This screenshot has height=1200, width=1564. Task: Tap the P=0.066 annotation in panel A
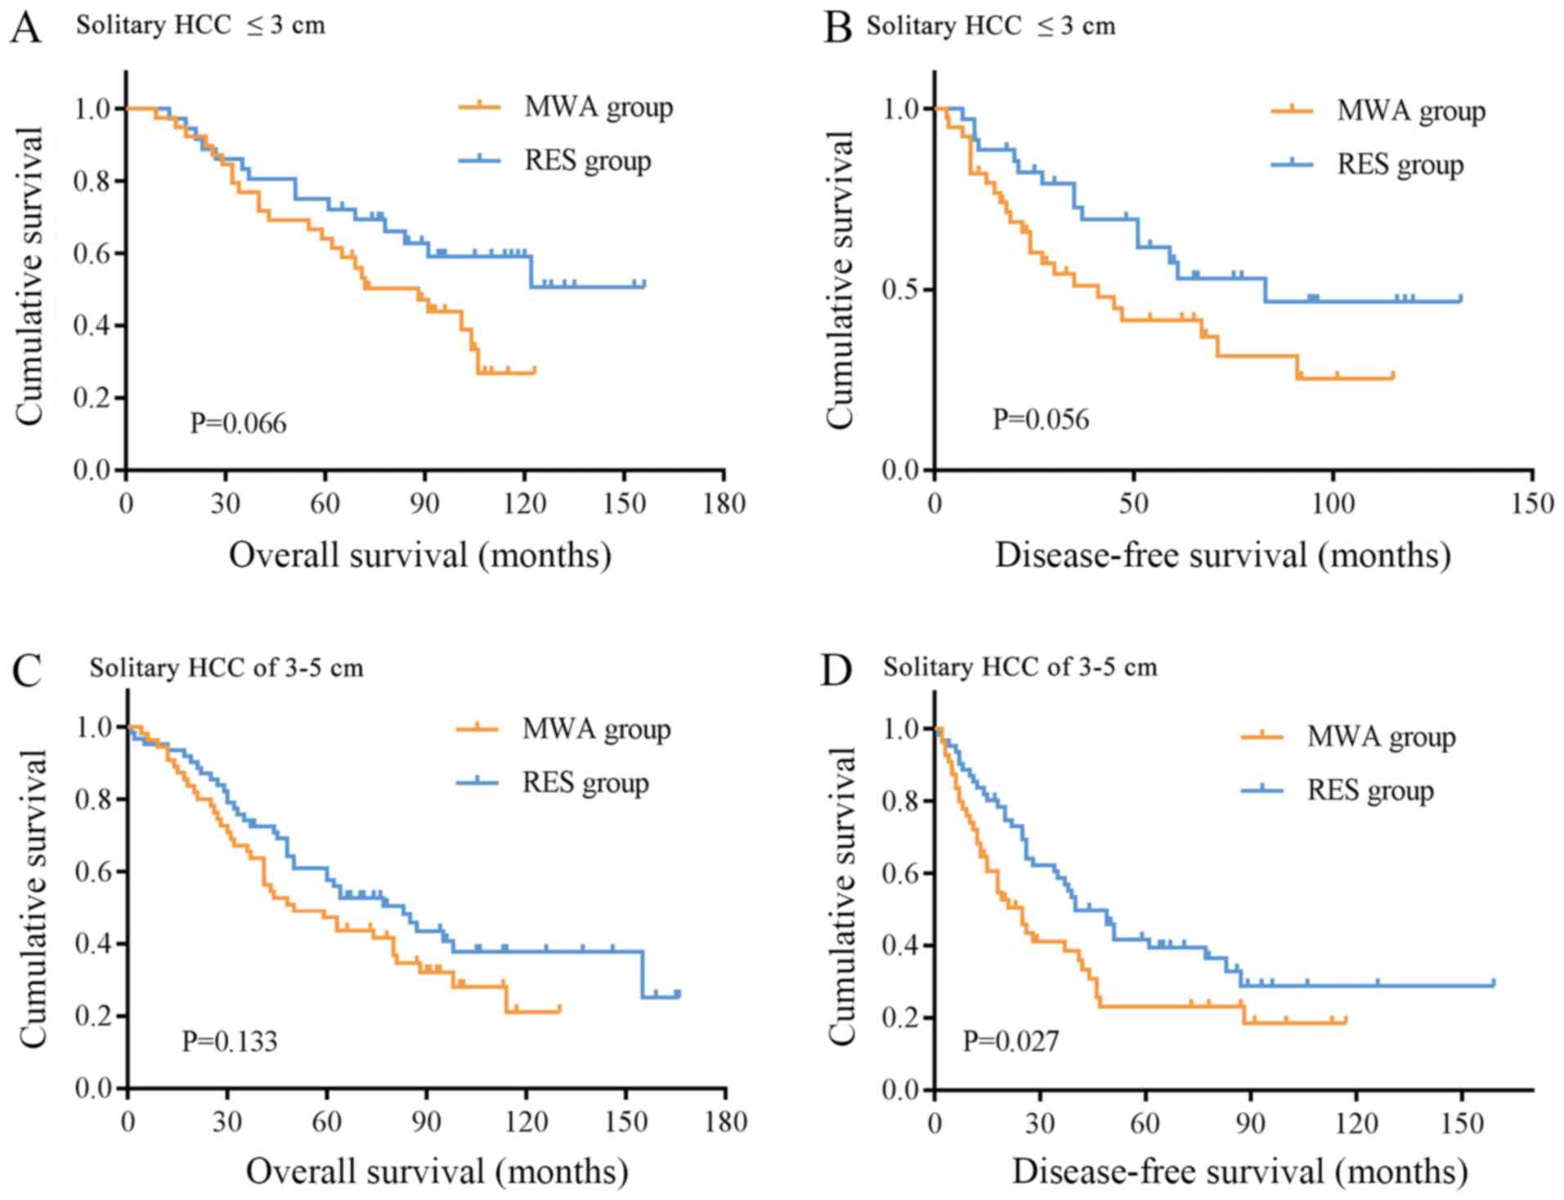238,423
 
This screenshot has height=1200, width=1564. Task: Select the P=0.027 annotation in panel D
1011,1041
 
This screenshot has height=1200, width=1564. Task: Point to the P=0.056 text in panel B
1041,419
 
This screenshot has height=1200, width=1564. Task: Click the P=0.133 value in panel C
229,1041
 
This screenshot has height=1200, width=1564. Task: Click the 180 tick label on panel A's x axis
724,503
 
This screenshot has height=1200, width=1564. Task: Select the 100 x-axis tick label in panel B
1333,503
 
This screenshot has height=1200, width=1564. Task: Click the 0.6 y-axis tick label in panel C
95,871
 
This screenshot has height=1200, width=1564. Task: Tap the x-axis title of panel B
1222,556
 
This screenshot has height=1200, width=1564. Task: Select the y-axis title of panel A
29,275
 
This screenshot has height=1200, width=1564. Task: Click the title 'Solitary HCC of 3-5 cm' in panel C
226,668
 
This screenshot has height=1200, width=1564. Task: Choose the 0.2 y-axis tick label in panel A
93,398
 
